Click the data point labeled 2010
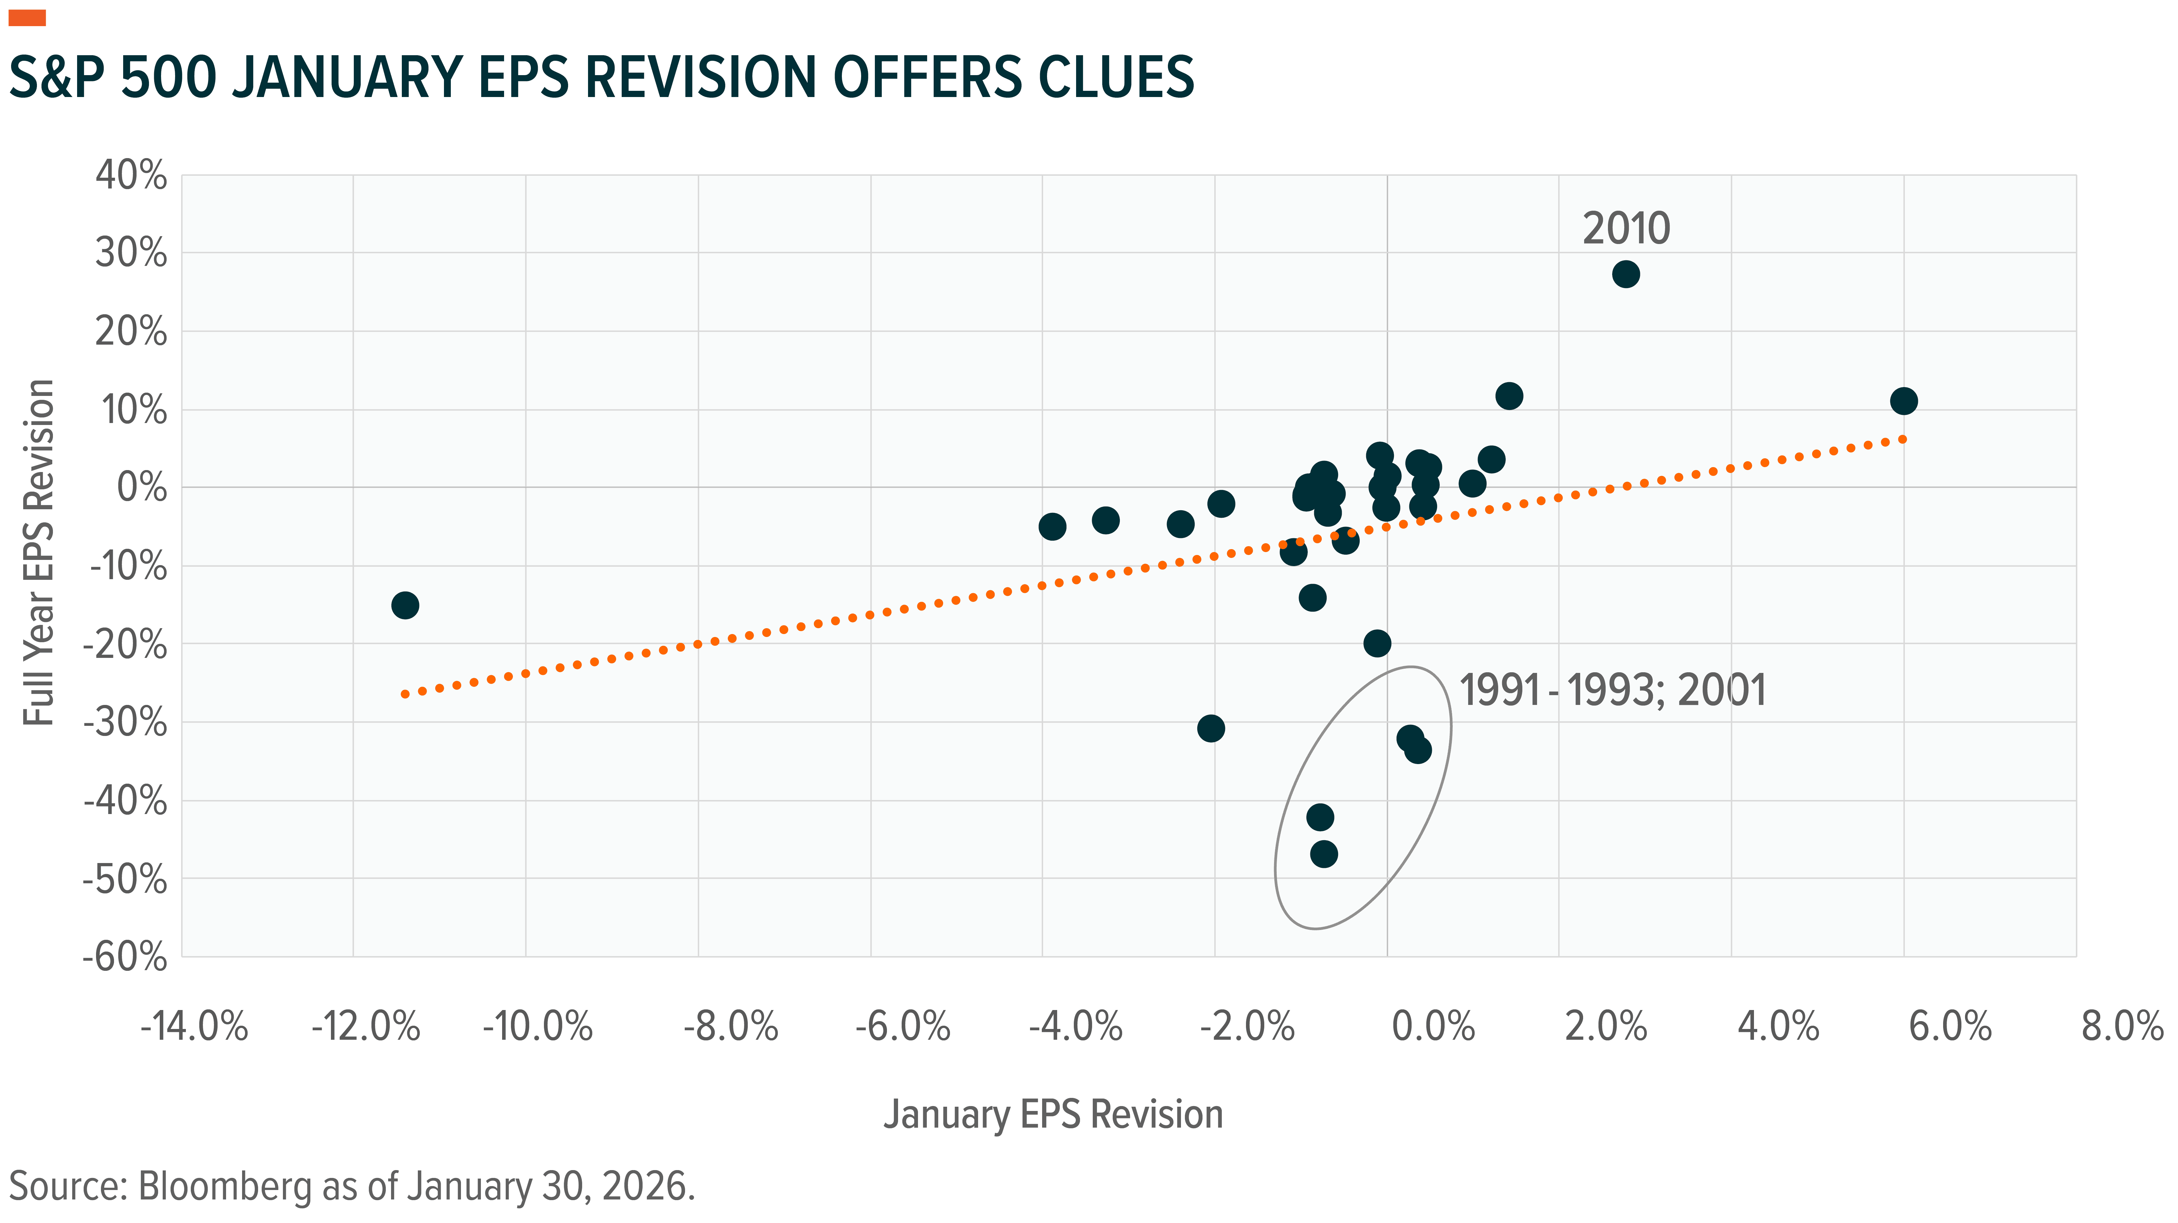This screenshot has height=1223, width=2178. tap(1625, 274)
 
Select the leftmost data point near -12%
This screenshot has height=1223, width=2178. tap(405, 605)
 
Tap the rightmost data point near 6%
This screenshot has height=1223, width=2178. tap(1903, 400)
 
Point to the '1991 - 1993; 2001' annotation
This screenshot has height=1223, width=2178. tap(1613, 691)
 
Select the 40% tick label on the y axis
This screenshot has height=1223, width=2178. tap(131, 176)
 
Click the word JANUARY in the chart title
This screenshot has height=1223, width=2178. tap(346, 78)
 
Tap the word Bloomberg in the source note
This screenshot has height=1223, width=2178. tap(224, 1187)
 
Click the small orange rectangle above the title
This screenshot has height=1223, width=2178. tap(27, 18)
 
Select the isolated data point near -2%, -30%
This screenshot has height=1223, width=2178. tap(1211, 728)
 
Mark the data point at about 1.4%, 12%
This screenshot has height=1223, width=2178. tap(1508, 396)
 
